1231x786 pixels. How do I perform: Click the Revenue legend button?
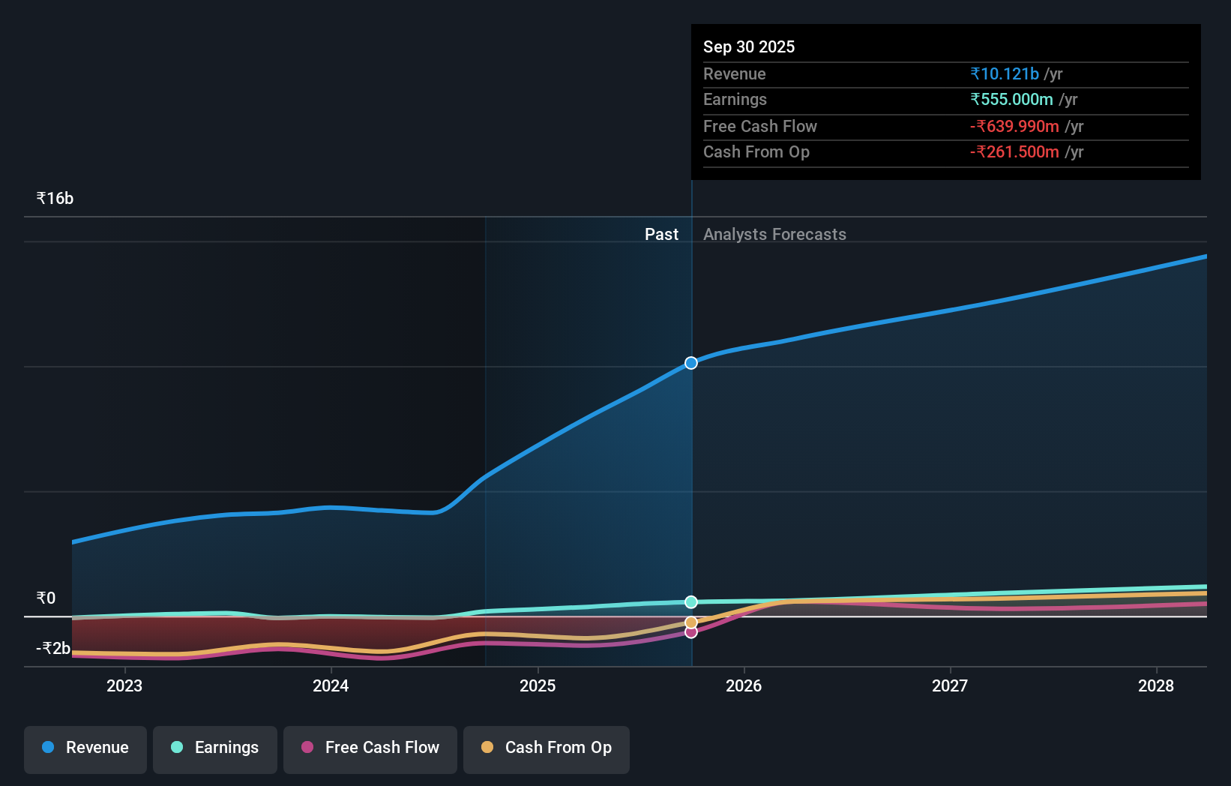(85, 748)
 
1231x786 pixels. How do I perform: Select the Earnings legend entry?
(215, 748)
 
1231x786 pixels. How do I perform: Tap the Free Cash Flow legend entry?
(370, 748)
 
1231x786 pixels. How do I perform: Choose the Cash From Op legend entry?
(547, 748)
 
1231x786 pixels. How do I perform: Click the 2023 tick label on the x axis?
(124, 685)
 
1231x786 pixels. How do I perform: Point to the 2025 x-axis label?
(538, 685)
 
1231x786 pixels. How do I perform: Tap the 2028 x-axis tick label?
(1155, 685)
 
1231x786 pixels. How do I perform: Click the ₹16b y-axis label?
(55, 199)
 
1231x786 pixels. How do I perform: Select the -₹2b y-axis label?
(53, 648)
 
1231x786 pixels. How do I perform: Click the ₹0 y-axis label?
(46, 598)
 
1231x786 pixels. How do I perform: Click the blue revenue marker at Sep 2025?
(691, 363)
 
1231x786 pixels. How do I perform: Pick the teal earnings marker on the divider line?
(691, 602)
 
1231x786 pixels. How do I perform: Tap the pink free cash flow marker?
(691, 632)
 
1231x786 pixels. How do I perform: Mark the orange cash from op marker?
(691, 622)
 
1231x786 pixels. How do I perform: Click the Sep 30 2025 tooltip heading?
(748, 47)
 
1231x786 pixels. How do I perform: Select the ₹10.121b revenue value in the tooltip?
(1005, 74)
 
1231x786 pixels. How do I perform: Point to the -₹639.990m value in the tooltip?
(1014, 127)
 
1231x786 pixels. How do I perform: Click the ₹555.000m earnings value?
(1011, 100)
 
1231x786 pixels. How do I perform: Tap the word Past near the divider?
(661, 235)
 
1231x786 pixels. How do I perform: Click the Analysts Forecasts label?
(774, 235)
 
